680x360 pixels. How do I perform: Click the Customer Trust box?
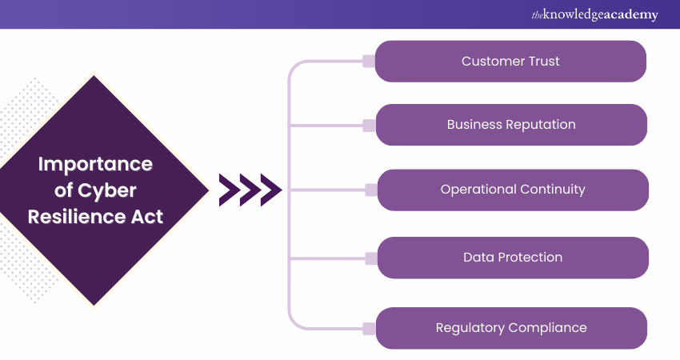point(510,62)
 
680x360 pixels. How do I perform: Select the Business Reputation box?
point(510,125)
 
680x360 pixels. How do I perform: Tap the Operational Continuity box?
point(512,190)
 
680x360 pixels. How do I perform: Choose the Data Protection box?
point(512,258)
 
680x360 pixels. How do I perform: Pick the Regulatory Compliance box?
point(510,328)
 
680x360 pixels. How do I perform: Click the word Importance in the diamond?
point(95,165)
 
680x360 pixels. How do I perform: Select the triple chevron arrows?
point(250,190)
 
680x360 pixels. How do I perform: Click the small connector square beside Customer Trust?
point(369,62)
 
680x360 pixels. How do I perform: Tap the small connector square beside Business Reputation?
point(369,126)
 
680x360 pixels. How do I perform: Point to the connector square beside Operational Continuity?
point(370,190)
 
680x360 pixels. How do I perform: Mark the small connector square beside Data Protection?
point(370,258)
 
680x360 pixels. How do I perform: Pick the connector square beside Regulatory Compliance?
point(369,328)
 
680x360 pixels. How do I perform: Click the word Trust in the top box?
point(542,62)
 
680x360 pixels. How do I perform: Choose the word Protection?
point(531,258)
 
